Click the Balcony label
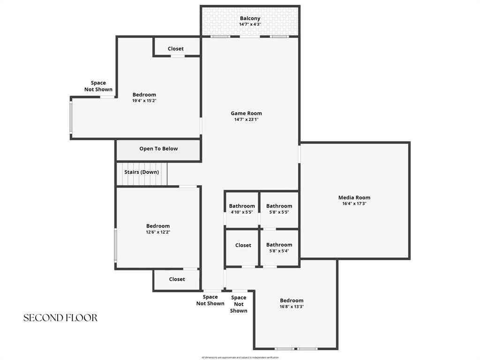pyautogui.click(x=250, y=18)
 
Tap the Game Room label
pyautogui.click(x=246, y=113)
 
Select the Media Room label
pyautogui.click(x=354, y=197)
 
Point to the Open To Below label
pyautogui.click(x=158, y=149)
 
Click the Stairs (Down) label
pyautogui.click(x=142, y=172)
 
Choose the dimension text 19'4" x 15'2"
pyautogui.click(x=144, y=100)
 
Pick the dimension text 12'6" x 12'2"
pyautogui.click(x=157, y=232)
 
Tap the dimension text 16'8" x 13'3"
pyautogui.click(x=292, y=307)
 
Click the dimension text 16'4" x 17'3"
pyautogui.click(x=354, y=203)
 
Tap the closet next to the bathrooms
pyautogui.click(x=243, y=245)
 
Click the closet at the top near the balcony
pyautogui.click(x=176, y=49)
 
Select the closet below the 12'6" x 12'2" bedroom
pyautogui.click(x=177, y=279)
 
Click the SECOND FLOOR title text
pyautogui.click(x=60, y=318)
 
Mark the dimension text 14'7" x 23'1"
pyautogui.click(x=246, y=119)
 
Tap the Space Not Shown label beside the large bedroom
pyautogui.click(x=98, y=86)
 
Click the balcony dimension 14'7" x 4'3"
pyautogui.click(x=250, y=24)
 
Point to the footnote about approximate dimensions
pyautogui.click(x=240, y=358)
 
